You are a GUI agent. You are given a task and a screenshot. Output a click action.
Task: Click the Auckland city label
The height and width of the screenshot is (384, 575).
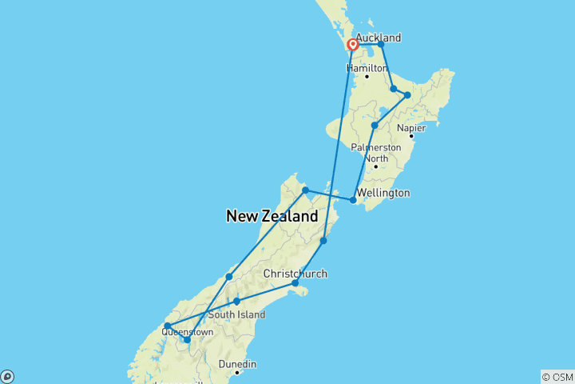[x=378, y=38]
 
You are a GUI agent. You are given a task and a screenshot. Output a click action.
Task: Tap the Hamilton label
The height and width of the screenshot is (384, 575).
[x=367, y=68]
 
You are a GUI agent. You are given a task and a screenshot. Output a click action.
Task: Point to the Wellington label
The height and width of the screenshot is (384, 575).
[x=384, y=193]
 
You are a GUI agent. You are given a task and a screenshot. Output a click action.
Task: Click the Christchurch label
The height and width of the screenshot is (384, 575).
[x=295, y=274]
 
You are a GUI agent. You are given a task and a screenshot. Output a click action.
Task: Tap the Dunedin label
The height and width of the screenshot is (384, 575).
[x=238, y=364]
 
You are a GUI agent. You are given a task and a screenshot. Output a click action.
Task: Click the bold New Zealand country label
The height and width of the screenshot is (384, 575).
[x=272, y=216]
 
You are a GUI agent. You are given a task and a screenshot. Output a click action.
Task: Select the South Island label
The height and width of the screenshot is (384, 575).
[x=236, y=314]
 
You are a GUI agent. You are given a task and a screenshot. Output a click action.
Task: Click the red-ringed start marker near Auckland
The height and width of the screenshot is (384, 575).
[x=352, y=45]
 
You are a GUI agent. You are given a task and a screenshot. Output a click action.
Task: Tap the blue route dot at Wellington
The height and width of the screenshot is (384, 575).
[x=354, y=200]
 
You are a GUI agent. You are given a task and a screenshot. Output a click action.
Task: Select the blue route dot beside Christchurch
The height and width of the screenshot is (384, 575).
[x=295, y=283]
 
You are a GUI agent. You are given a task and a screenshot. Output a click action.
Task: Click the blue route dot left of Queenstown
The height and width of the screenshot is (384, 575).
[x=167, y=326]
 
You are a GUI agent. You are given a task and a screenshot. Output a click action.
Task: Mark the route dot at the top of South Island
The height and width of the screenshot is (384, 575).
[x=305, y=190]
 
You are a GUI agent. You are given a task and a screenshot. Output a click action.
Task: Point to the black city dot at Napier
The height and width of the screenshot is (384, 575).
[x=411, y=137]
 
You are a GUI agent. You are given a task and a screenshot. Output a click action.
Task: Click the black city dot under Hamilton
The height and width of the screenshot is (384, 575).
[x=367, y=77]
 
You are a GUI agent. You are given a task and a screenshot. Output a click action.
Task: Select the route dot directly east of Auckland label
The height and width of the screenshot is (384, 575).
[x=381, y=44]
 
